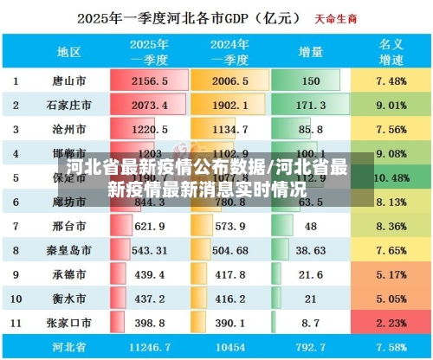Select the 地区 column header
click(68, 52)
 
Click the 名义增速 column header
click(391, 51)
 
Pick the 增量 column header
click(309, 52)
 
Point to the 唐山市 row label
click(68, 80)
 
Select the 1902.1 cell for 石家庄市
click(230, 105)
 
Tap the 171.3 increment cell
click(309, 105)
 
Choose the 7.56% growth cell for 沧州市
click(391, 129)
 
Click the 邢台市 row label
click(68, 226)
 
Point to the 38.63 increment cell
click(309, 250)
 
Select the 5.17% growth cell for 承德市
click(391, 274)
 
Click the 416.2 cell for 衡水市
click(230, 299)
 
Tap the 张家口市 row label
click(68, 323)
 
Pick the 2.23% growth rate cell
click(391, 323)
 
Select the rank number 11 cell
click(16, 323)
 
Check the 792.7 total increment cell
click(309, 346)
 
